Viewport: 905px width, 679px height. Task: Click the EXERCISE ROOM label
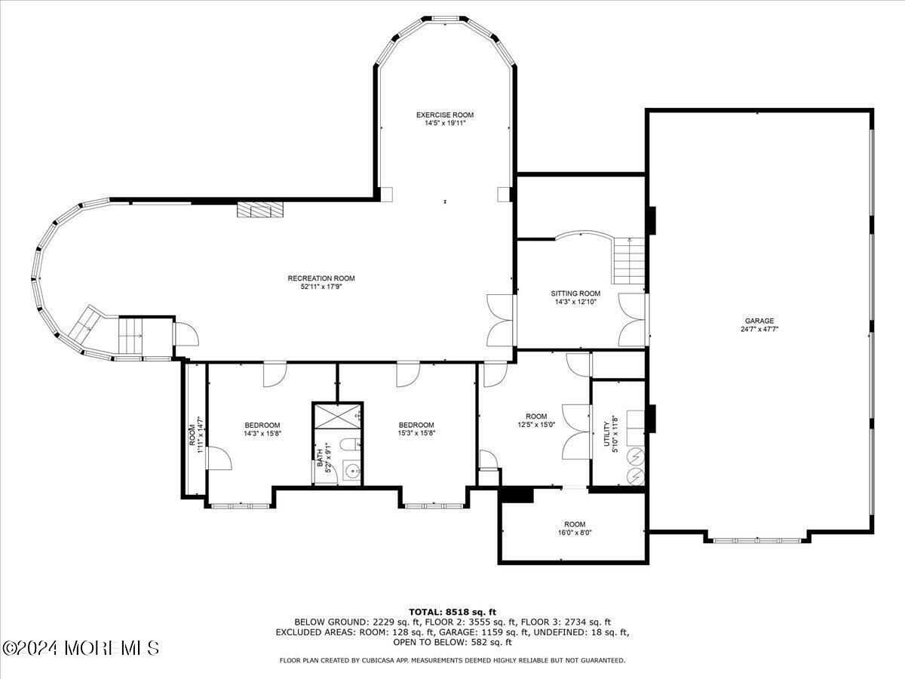point(445,115)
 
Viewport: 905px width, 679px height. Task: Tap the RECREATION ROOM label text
point(321,278)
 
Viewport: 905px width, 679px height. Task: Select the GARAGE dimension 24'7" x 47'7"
point(759,329)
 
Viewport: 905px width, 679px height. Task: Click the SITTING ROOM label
point(575,293)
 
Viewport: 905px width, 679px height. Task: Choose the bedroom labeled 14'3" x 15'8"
point(262,429)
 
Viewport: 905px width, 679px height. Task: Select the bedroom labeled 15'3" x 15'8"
point(416,429)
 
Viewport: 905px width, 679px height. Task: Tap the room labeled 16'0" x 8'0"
point(574,528)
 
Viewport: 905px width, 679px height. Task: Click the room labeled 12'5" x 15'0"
point(536,420)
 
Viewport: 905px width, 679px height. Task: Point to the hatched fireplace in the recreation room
point(260,210)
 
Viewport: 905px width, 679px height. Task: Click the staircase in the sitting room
point(629,260)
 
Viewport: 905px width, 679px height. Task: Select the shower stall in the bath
point(338,416)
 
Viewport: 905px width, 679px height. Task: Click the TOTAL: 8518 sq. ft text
point(452,612)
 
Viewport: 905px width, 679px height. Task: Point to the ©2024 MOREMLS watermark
point(81,648)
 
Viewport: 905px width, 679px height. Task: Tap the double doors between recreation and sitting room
point(501,318)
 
